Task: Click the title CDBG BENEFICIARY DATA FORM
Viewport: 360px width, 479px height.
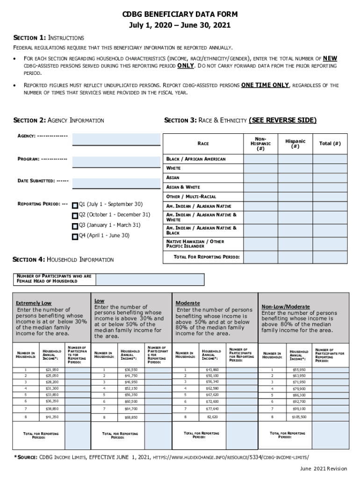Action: pyautogui.click(x=180, y=15)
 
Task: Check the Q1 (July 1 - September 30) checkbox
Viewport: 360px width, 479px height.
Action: pyautogui.click(x=75, y=205)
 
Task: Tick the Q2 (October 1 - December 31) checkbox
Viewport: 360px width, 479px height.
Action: pyautogui.click(x=75, y=216)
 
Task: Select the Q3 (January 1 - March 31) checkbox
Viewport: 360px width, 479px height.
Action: pyautogui.click(x=75, y=226)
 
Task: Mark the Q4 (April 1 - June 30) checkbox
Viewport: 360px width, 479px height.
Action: pyautogui.click(x=75, y=237)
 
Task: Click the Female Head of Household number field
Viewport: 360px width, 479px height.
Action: pyautogui.click(x=150, y=279)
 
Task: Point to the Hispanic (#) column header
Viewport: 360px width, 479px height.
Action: pyautogui.click(x=295, y=144)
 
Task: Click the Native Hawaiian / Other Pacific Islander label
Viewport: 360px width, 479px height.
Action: pyautogui.click(x=195, y=244)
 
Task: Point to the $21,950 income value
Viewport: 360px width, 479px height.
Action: pyautogui.click(x=52, y=370)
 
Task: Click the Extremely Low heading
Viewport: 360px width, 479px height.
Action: pyautogui.click(x=34, y=303)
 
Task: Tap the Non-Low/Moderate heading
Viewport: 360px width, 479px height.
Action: pyautogui.click(x=285, y=306)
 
